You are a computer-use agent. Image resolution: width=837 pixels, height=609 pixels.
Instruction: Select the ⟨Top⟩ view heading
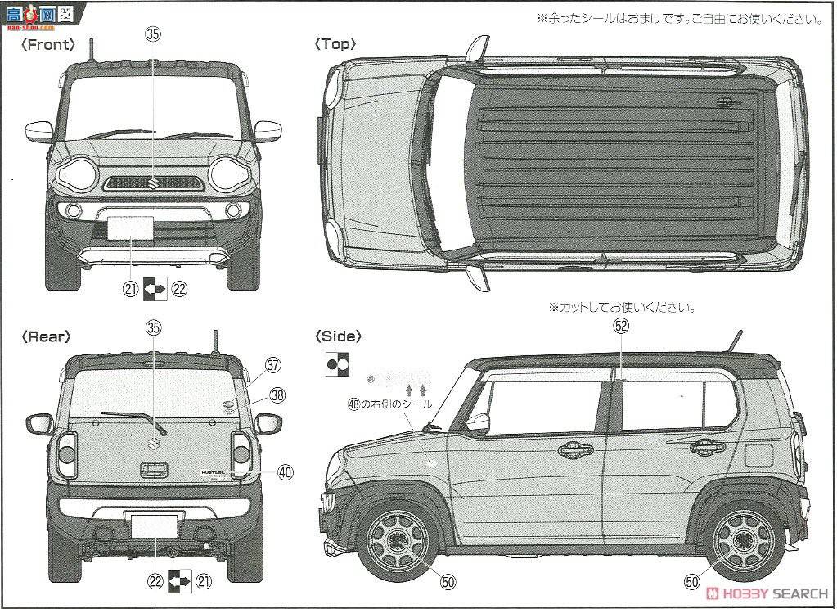click(x=335, y=45)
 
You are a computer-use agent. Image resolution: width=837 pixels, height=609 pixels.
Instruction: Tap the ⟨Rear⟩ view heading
click(x=47, y=336)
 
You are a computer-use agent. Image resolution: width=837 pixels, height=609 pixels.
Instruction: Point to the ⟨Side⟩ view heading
click(x=337, y=336)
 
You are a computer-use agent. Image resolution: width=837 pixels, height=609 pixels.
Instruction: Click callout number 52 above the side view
click(x=621, y=326)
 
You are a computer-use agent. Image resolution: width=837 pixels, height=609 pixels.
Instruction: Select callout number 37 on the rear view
click(x=272, y=365)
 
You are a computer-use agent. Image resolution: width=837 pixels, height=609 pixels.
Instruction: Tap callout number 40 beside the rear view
click(x=284, y=471)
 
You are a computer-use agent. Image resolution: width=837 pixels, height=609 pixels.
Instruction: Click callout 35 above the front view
click(x=153, y=34)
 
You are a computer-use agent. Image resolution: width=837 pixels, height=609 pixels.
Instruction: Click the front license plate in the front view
click(x=131, y=228)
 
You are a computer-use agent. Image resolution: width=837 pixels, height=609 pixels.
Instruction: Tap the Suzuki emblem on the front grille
click(x=153, y=183)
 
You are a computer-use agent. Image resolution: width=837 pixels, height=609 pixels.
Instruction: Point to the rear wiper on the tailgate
click(x=131, y=417)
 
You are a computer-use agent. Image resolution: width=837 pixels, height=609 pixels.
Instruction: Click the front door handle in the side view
click(x=575, y=449)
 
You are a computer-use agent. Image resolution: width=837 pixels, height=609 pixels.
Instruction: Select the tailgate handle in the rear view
click(x=153, y=470)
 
